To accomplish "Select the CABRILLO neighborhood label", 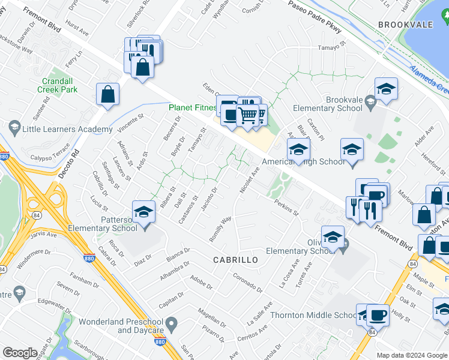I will [x=236, y=260].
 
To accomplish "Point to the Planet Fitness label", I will [x=192, y=108].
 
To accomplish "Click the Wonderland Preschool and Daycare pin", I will [x=170, y=326].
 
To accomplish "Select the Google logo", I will [x=20, y=353].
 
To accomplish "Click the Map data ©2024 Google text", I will [x=412, y=355].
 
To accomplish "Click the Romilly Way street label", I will [x=221, y=229].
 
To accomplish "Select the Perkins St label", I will [x=287, y=208].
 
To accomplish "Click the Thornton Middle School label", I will [x=314, y=315].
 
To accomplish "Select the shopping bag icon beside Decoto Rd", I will [x=107, y=94].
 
